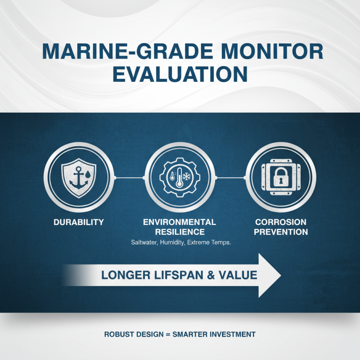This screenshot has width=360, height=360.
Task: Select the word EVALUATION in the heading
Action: point(180,74)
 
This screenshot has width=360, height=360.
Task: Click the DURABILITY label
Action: point(78,222)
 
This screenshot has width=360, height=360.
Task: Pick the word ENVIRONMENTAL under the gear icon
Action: point(180,222)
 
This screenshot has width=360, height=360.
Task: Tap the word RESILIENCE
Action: point(180,233)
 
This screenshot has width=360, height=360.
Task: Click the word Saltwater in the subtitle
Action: point(143,243)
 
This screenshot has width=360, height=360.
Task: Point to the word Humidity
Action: point(175,243)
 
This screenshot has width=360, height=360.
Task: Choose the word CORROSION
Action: point(281,222)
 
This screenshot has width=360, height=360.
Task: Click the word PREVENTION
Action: point(281,233)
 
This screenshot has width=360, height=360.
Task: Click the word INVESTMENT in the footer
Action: point(231,334)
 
